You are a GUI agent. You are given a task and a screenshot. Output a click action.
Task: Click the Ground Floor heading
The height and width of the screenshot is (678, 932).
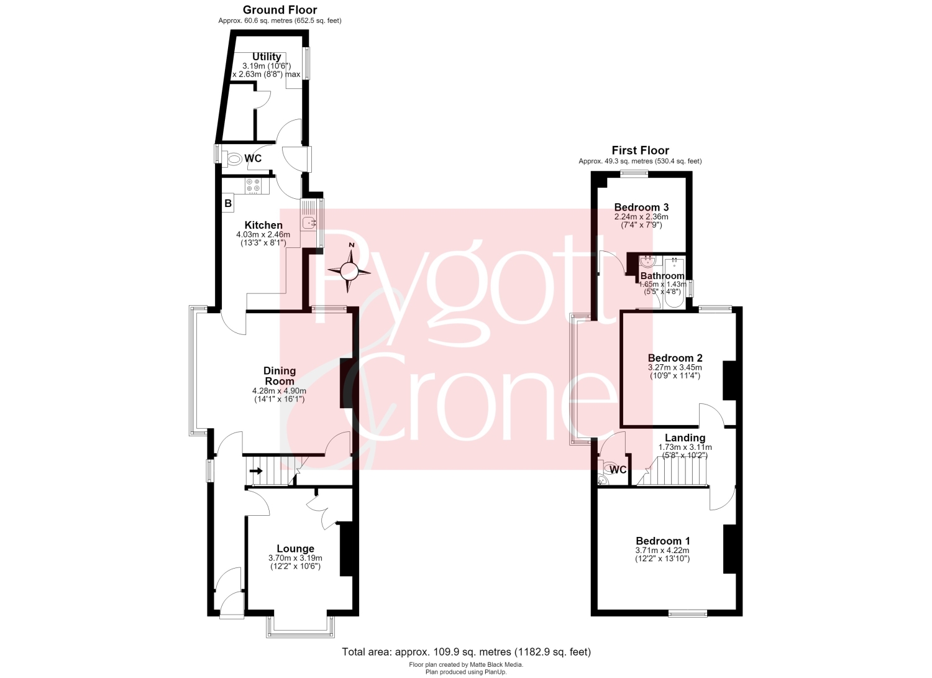(280, 9)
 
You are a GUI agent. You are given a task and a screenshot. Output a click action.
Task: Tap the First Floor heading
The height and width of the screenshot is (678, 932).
(640, 150)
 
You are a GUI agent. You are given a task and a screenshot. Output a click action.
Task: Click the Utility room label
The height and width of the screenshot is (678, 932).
(267, 57)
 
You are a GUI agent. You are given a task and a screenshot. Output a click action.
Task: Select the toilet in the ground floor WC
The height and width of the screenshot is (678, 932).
(234, 158)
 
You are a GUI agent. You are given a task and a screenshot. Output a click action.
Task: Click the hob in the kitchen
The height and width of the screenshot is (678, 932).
(254, 186)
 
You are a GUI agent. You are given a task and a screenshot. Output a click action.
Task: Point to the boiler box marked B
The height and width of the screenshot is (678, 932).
(228, 204)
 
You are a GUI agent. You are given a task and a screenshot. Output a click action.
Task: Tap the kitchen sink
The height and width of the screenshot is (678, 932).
(309, 222)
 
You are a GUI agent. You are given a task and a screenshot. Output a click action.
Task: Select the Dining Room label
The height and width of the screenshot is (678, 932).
(280, 376)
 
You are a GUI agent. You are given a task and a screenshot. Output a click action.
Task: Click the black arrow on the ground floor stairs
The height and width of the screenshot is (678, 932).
(256, 470)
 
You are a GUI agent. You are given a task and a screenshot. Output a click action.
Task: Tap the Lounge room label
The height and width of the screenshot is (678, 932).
(295, 549)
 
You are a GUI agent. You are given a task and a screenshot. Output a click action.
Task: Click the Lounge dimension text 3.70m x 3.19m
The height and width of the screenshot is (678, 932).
(295, 558)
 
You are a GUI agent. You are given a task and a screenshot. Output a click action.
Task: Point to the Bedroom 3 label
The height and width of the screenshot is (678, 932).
(641, 208)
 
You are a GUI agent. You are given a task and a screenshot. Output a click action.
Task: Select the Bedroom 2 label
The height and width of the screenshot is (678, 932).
(675, 358)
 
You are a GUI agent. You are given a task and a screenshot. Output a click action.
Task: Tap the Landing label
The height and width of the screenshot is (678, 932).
(685, 438)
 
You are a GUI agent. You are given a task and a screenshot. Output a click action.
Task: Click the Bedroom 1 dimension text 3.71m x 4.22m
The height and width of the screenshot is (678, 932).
(662, 550)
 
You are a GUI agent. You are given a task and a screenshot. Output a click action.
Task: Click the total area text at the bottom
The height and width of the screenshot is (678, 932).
(466, 652)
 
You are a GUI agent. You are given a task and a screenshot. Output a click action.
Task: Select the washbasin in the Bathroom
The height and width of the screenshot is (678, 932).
(647, 262)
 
